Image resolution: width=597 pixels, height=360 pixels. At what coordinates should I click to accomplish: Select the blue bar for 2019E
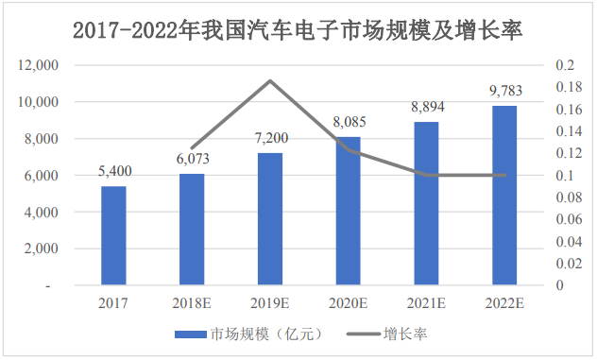pyautogui.click(x=270, y=218)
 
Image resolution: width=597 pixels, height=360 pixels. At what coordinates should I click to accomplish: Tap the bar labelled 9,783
pyautogui.click(x=505, y=195)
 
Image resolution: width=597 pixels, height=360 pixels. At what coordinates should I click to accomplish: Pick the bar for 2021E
pyautogui.click(x=427, y=203)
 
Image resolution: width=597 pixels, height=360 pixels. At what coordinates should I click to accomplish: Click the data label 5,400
pyautogui.click(x=114, y=171)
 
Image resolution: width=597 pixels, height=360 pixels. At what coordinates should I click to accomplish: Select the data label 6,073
pyautogui.click(x=193, y=159)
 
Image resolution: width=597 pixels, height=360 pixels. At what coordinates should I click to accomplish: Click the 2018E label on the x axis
pyautogui.click(x=193, y=303)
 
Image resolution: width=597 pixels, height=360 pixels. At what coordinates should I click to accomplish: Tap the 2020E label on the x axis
pyautogui.click(x=349, y=303)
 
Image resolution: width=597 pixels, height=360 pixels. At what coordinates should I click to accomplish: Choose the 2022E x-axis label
pyautogui.click(x=505, y=303)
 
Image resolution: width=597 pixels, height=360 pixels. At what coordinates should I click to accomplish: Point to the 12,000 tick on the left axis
pyautogui.click(x=37, y=65)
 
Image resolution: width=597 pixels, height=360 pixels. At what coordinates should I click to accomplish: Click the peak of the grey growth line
pyautogui.click(x=271, y=80)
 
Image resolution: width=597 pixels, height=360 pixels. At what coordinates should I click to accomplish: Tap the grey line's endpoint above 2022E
pyautogui.click(x=505, y=175)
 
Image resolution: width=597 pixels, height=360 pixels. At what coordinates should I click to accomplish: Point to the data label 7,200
pyautogui.click(x=271, y=138)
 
